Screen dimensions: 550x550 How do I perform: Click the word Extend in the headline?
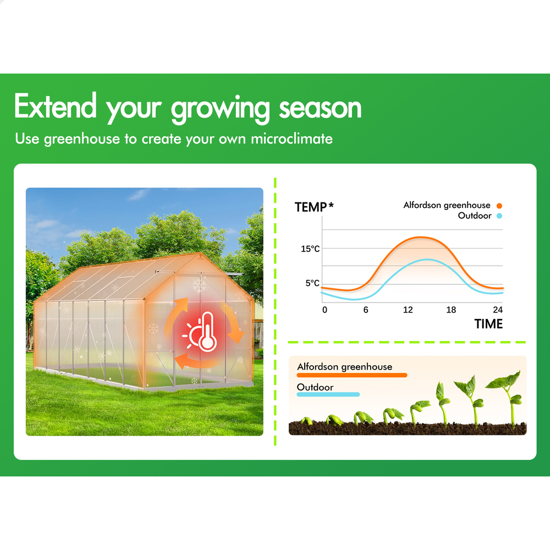[x=55, y=105]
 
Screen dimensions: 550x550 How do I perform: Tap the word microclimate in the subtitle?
[x=291, y=139]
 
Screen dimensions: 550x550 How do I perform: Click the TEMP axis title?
[x=310, y=207]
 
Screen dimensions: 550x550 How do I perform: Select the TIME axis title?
[x=488, y=324]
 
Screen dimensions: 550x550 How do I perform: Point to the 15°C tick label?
[x=310, y=249]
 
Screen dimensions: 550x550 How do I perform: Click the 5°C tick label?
[x=312, y=283]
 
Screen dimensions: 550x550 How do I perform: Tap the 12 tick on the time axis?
[x=408, y=310]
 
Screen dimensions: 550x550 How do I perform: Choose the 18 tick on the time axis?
[x=451, y=310]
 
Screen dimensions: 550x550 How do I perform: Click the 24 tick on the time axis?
[x=498, y=310]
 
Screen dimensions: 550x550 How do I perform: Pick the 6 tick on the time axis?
[x=366, y=310]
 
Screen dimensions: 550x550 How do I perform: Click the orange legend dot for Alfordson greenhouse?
[x=499, y=206]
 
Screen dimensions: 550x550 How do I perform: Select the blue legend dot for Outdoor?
[x=499, y=216]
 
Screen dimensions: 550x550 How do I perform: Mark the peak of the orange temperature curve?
[x=420, y=238]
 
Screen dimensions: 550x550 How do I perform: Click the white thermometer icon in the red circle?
[x=207, y=332]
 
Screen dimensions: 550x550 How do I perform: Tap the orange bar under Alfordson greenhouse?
[x=352, y=375]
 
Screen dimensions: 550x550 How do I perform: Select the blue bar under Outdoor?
[x=328, y=394]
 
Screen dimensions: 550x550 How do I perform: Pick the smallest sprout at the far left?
[x=306, y=421]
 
